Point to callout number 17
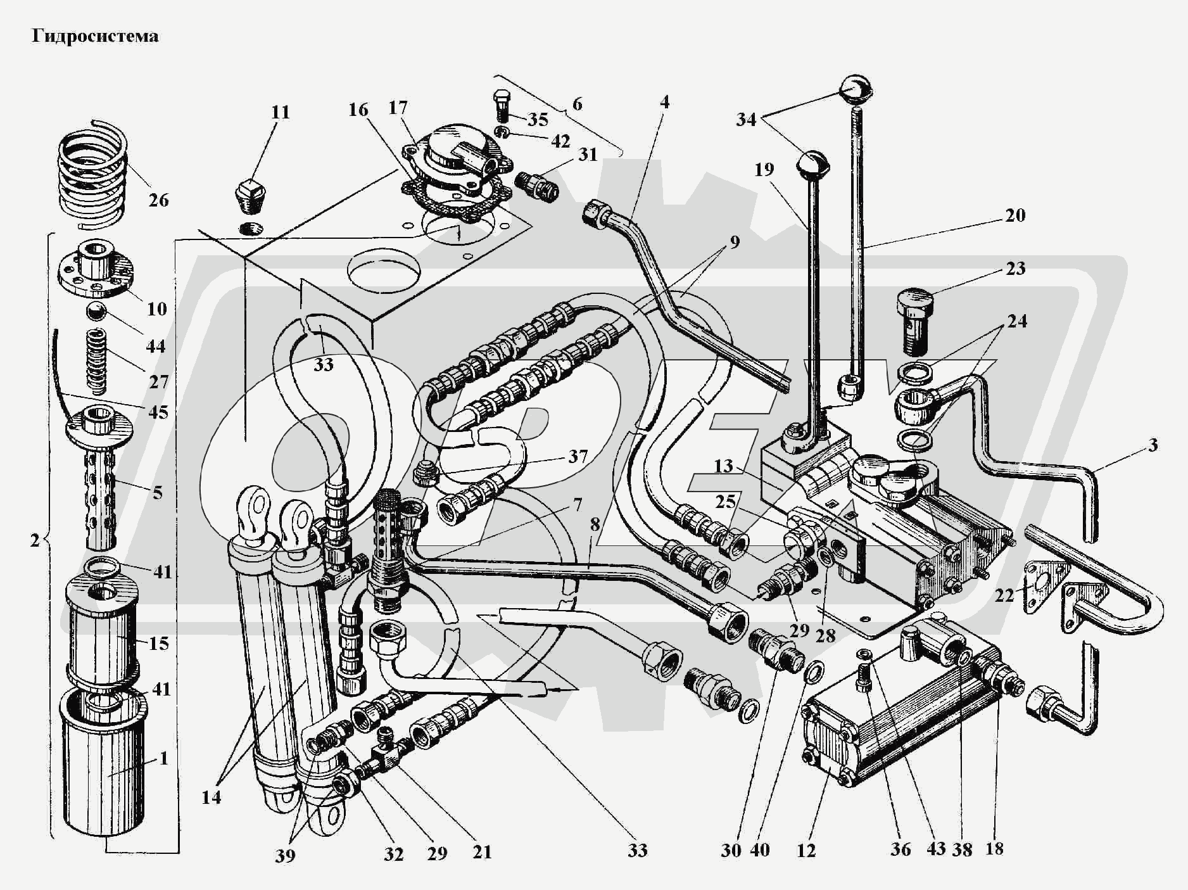(398, 108)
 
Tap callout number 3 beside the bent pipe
(1153, 445)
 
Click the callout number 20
(1015, 215)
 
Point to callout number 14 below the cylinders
(212, 797)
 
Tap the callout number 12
(806, 850)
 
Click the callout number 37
(578, 456)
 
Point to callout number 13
(723, 466)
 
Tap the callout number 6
(577, 103)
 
